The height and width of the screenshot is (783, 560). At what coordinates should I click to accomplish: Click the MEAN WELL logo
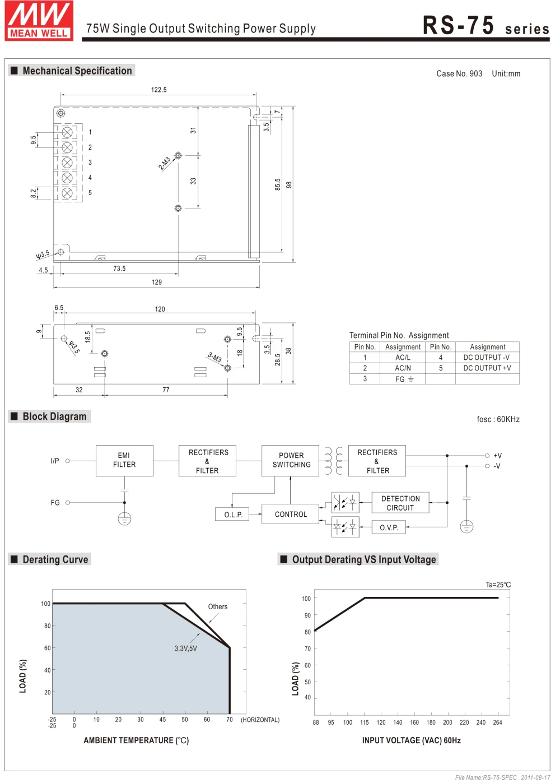pos(39,21)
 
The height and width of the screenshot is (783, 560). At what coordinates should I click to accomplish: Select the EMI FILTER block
pos(124,460)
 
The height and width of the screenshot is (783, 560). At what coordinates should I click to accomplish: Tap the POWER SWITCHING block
pos(291,460)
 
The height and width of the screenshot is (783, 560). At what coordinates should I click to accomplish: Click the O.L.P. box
pos(233,515)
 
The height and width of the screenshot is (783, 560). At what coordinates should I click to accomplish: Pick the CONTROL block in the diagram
pos(291,514)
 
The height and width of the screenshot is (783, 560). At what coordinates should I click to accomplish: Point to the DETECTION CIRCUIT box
pos(400,503)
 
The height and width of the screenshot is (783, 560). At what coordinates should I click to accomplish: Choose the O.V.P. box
pos(389,527)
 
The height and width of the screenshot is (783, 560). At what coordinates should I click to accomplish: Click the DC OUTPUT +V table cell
pos(487,368)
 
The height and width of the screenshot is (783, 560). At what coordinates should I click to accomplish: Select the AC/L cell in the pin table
pos(403,358)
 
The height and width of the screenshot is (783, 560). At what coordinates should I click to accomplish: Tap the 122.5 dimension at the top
pos(159,90)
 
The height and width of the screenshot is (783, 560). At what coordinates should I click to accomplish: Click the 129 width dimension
pos(157,282)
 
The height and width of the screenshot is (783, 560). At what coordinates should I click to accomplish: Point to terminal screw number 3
pos(67,163)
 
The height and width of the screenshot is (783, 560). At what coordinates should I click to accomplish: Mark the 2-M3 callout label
pos(164,163)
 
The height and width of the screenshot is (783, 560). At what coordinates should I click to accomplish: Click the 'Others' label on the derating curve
pos(218,606)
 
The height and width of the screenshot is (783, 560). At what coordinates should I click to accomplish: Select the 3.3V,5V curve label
pos(185,648)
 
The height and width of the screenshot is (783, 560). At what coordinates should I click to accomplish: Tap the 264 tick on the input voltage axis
pos(497,722)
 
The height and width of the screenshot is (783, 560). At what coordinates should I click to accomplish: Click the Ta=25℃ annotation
pos(498,585)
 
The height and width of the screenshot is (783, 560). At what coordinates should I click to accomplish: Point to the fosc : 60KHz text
pos(498,419)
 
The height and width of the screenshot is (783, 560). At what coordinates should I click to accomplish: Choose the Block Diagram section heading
pos(54,416)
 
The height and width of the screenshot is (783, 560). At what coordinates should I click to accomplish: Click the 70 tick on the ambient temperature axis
pos(230,720)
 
